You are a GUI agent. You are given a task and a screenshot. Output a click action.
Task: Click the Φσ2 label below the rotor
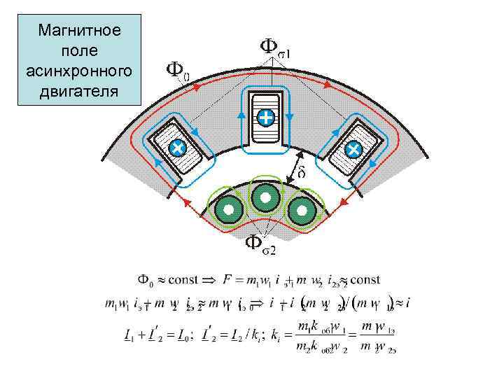(x=260, y=244)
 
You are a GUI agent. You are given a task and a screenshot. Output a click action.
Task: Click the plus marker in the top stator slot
(x=265, y=118)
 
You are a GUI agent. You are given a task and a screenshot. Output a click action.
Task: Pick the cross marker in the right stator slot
(x=353, y=148)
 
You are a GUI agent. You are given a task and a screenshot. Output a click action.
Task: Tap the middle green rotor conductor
(x=265, y=198)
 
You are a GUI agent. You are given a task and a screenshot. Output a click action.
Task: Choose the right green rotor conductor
(x=302, y=209)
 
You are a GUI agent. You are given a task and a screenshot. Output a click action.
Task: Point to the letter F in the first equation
(x=226, y=281)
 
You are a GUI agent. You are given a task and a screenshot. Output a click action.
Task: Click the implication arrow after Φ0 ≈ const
(x=209, y=281)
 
